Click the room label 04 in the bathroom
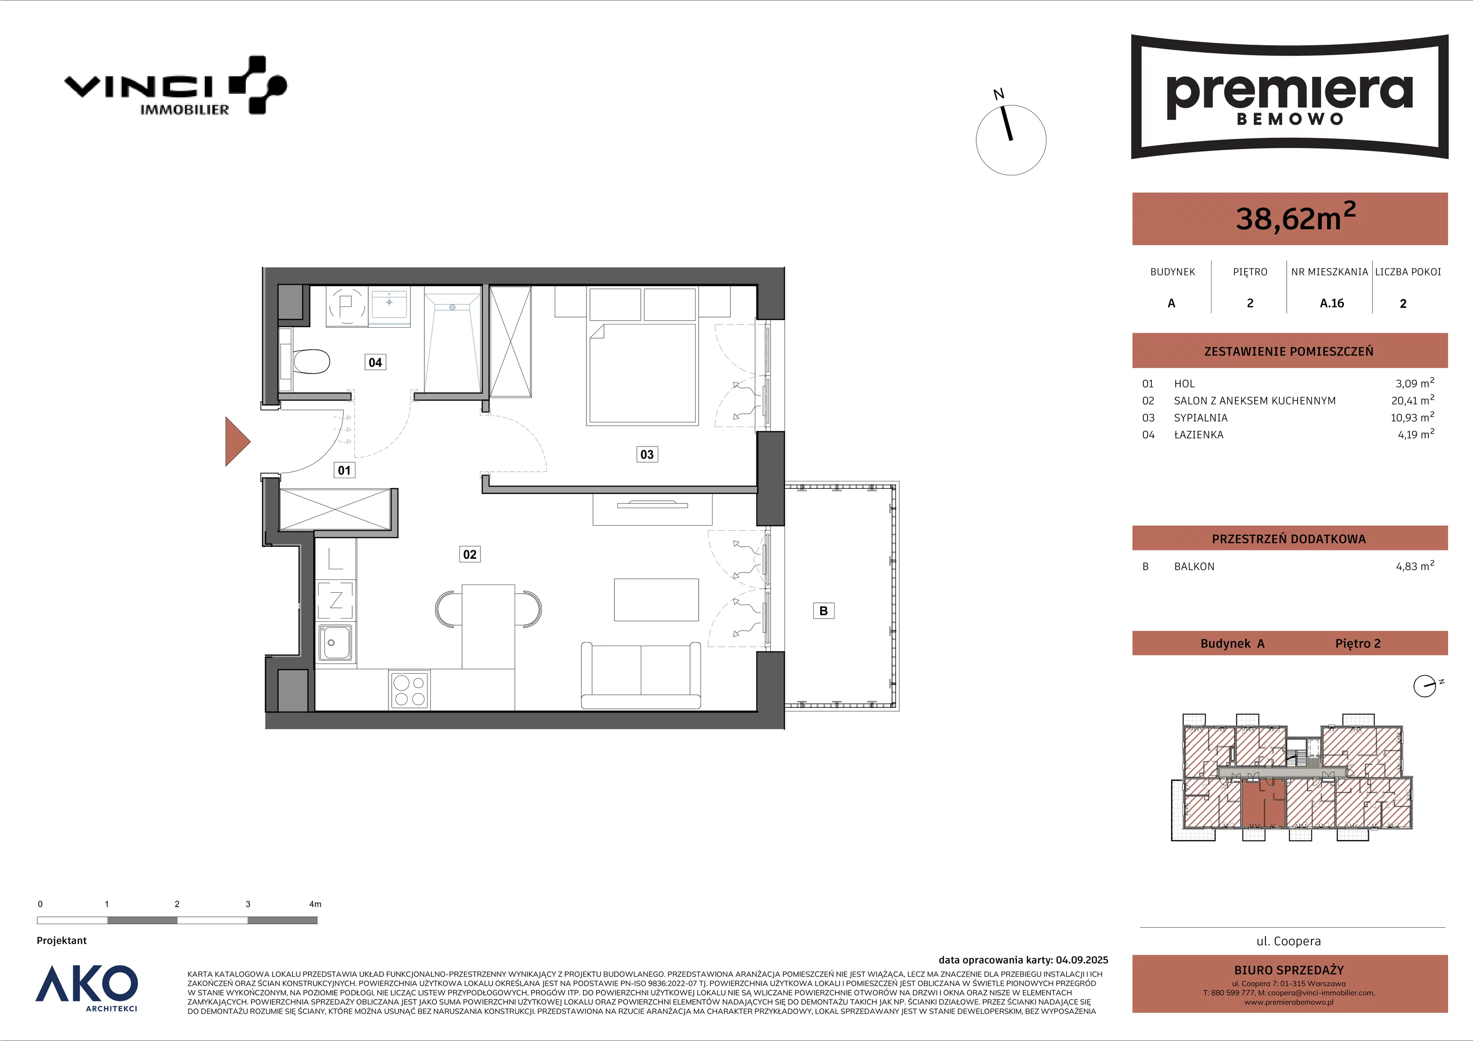point(375,362)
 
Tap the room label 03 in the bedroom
point(647,455)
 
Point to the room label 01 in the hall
point(344,470)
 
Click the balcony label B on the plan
point(824,611)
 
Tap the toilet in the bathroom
point(310,361)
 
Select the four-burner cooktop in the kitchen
point(409,689)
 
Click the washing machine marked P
point(347,306)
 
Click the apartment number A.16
point(1332,303)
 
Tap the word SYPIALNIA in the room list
point(1201,417)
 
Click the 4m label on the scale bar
point(315,904)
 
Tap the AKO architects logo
point(87,988)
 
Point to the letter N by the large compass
point(998,95)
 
